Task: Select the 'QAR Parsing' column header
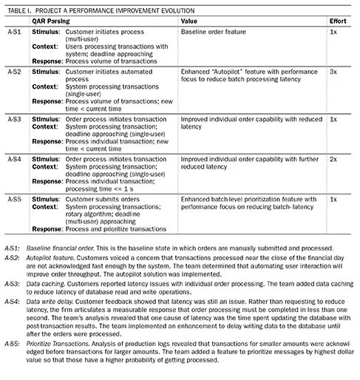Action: [x=51, y=22]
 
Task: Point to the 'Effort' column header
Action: [x=337, y=22]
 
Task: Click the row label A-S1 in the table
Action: [x=13, y=33]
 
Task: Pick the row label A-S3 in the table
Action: [x=13, y=118]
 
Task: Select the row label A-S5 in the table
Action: [x=13, y=198]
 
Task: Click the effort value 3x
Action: [x=334, y=73]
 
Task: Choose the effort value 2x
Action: [x=334, y=158]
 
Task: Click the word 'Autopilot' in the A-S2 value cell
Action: [x=228, y=73]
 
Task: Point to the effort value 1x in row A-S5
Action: [x=334, y=198]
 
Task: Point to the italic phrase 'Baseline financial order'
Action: [x=61, y=246]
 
